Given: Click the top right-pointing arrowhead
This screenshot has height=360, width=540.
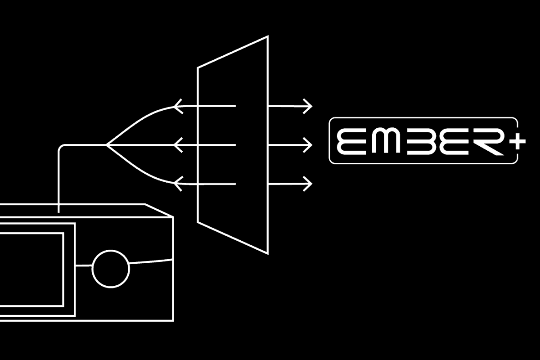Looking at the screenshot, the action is coord(309,106).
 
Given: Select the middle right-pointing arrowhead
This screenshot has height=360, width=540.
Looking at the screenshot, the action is coord(309,145).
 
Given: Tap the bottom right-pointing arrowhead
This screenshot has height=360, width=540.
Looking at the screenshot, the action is coord(309,184).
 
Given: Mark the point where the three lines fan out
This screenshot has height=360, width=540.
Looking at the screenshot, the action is coord(106,145).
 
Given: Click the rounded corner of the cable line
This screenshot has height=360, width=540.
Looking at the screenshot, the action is coord(60,147).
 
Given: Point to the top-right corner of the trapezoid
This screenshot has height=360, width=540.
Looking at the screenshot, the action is coord(268,36).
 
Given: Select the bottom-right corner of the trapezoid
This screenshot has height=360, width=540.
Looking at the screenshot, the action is coord(268,254).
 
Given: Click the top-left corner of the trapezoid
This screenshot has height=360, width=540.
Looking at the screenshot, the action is coord(198,68).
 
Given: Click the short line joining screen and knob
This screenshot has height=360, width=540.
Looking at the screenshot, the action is coord(84,266).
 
